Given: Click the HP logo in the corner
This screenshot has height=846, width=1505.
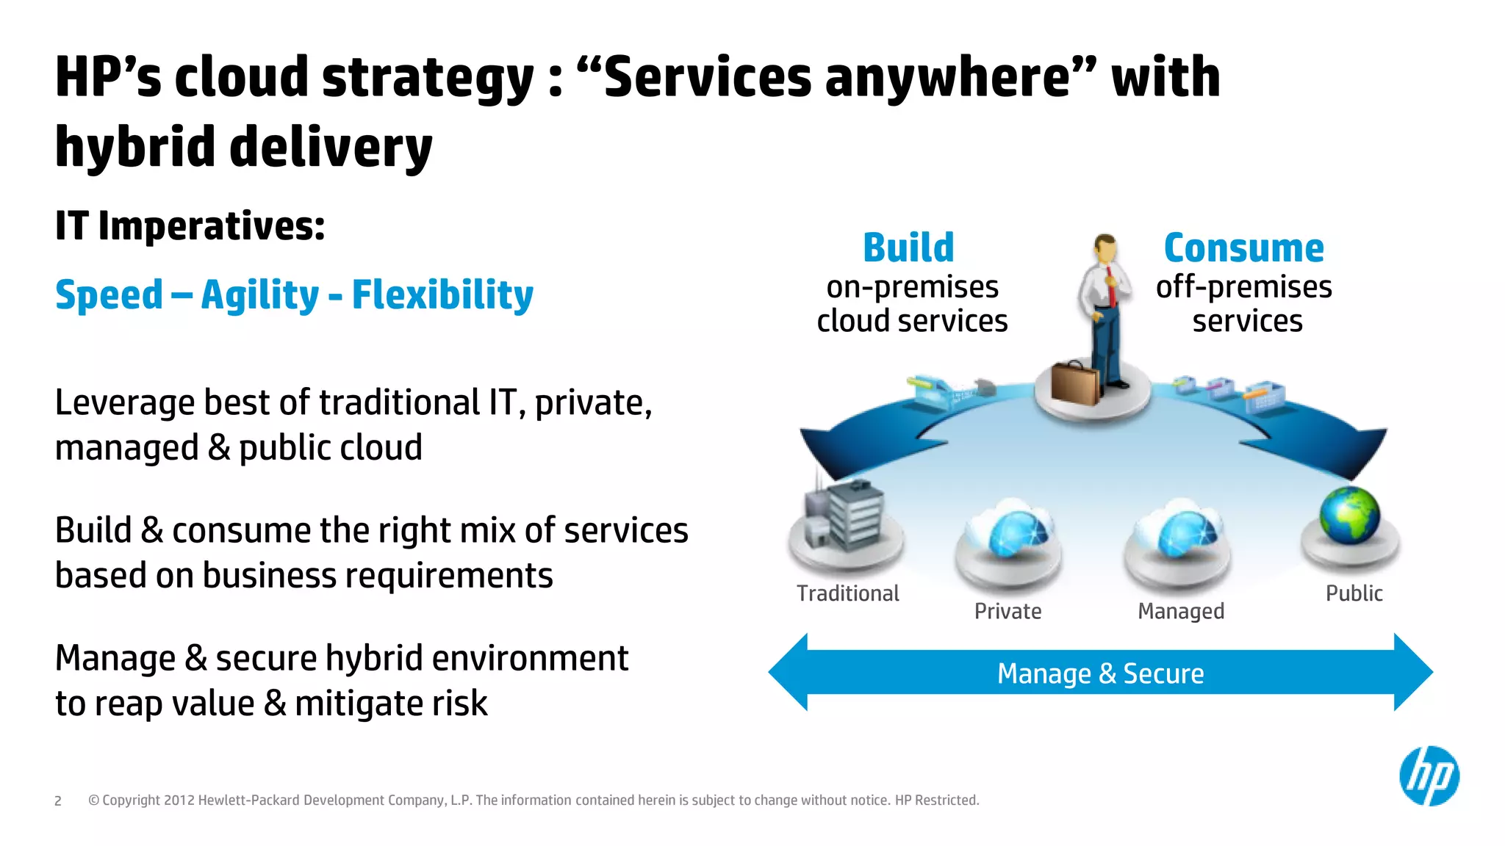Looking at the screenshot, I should [x=1429, y=776].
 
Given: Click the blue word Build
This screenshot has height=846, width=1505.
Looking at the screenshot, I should [x=908, y=247].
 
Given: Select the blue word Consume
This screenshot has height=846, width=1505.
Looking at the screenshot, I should [x=1243, y=248].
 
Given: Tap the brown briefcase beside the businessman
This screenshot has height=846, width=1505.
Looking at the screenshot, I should [x=1074, y=383].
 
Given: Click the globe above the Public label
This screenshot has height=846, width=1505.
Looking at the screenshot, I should [x=1349, y=515].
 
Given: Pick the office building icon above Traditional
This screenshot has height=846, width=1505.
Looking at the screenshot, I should [x=845, y=516].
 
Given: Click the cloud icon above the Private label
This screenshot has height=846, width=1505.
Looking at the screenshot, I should [x=1010, y=530].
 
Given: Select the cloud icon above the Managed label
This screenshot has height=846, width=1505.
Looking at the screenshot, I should [x=1179, y=530].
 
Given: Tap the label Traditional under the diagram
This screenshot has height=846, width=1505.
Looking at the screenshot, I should [x=847, y=593].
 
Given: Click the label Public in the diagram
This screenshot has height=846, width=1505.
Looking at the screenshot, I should [x=1354, y=593].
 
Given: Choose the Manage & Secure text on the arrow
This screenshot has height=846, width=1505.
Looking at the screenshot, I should [x=1100, y=673].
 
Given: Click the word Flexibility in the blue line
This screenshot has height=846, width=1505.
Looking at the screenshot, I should [x=442, y=295].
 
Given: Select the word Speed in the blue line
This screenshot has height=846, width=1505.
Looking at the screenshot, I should [x=109, y=295].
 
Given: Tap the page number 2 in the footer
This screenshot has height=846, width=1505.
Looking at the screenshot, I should [x=58, y=801].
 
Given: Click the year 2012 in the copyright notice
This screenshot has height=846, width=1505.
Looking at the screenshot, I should [x=179, y=800].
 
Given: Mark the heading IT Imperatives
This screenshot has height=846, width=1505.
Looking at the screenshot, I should [x=190, y=225].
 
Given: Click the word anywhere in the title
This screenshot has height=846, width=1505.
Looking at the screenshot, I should [x=947, y=77].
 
